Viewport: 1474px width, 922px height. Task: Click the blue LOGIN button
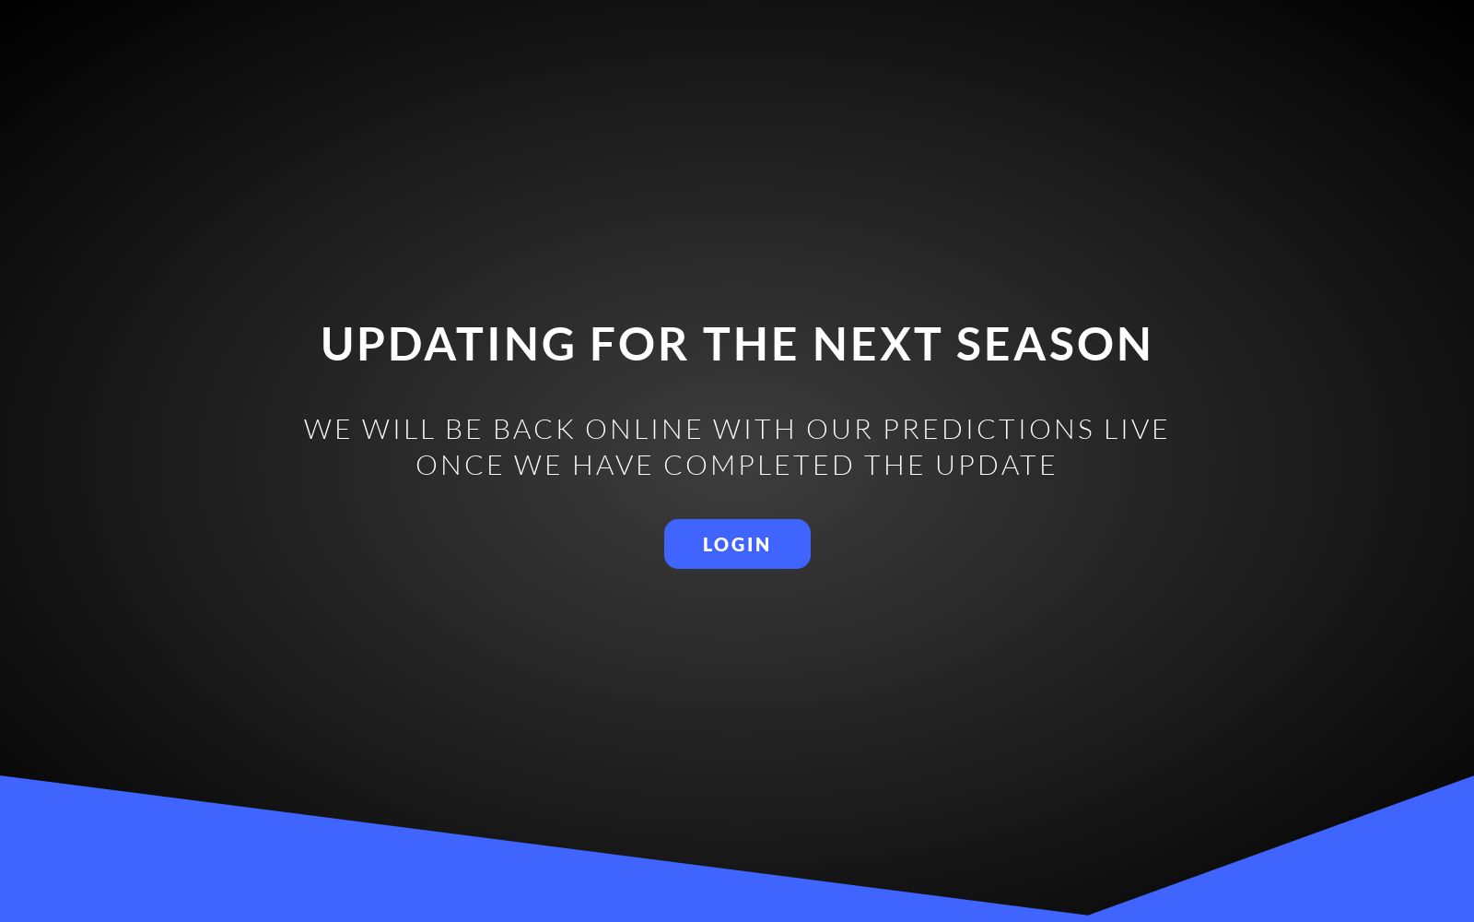click(737, 544)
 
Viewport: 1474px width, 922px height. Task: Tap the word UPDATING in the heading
click(449, 344)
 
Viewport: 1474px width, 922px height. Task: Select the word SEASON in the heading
click(1054, 344)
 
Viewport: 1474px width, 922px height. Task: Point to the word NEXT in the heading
click(877, 344)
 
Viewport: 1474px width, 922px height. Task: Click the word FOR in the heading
click(639, 344)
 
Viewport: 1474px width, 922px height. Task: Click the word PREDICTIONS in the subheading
click(989, 430)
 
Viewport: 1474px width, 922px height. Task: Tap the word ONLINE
click(644, 430)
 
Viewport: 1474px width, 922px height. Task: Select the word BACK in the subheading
click(534, 430)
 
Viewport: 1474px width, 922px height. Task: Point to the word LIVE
click(1137, 430)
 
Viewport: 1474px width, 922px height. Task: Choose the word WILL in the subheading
click(399, 430)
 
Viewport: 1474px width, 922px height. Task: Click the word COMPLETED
click(759, 465)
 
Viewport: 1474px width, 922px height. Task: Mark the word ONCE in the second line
click(460, 465)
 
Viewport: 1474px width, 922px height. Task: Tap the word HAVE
click(613, 465)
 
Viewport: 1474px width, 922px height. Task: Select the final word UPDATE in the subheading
click(996, 465)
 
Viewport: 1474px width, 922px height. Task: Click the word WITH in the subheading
click(755, 430)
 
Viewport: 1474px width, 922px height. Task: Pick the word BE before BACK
click(464, 430)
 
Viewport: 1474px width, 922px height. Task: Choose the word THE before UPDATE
click(895, 465)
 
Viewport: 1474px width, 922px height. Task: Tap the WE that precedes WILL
click(328, 430)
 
